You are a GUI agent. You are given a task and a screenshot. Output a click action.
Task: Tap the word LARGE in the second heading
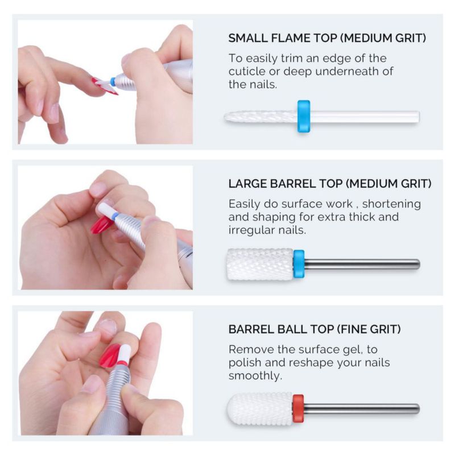click(247, 184)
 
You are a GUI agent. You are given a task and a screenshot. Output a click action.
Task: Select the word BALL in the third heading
click(292, 330)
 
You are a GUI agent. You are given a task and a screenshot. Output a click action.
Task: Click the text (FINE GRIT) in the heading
click(369, 330)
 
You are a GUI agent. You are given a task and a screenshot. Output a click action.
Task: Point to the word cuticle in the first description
click(247, 72)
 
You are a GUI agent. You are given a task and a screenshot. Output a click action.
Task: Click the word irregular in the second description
click(251, 230)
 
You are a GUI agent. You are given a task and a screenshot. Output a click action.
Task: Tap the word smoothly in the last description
click(255, 376)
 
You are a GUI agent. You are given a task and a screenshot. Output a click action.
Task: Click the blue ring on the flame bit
click(304, 117)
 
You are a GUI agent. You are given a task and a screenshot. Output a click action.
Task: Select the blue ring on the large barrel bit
click(299, 264)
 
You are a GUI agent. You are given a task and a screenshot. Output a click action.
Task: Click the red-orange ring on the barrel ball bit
click(298, 408)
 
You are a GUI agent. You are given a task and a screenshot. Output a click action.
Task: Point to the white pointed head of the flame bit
click(260, 117)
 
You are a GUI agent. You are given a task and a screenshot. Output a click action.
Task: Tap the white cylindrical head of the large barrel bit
click(260, 264)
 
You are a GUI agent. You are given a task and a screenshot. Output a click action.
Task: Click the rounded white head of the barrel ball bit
click(260, 409)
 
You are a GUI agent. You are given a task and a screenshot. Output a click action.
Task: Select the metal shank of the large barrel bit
click(362, 264)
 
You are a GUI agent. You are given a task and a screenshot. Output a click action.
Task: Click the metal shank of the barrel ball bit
click(362, 408)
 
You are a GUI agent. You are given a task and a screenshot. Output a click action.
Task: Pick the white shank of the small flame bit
click(365, 117)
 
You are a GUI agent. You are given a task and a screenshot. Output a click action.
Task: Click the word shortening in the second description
click(391, 204)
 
